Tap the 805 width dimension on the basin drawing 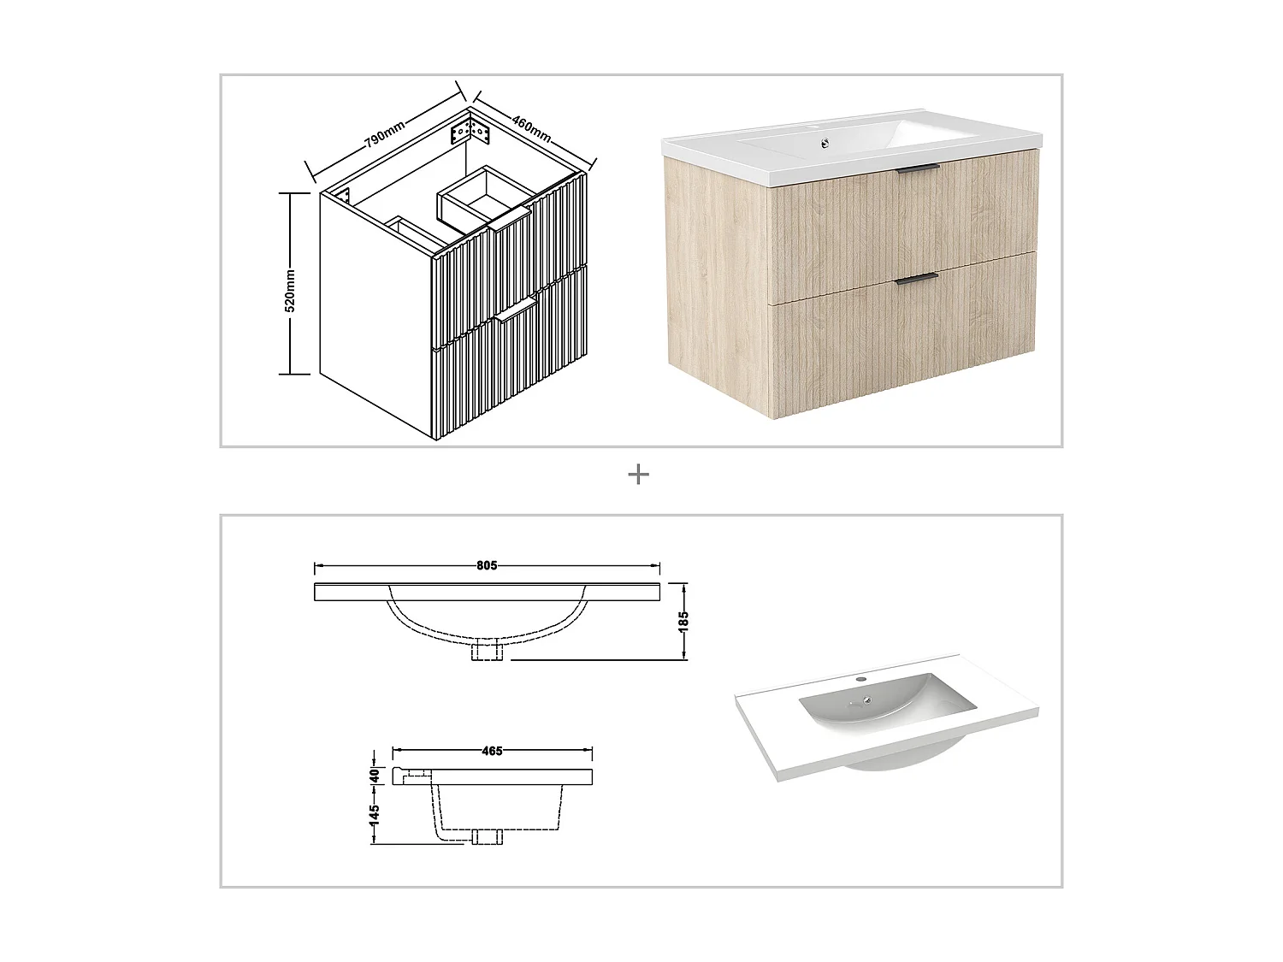(486, 565)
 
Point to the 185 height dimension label (683, 622)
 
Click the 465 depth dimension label (492, 751)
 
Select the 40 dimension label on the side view (375, 776)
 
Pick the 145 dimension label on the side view (375, 816)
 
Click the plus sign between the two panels (638, 475)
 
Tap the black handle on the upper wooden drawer (918, 168)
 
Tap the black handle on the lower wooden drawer (916, 277)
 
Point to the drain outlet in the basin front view (486, 652)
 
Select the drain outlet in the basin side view (486, 835)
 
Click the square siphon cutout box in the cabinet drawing (482, 197)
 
